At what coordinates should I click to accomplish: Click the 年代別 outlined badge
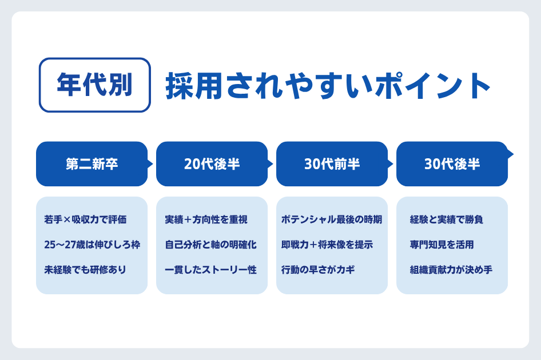[x=94, y=85]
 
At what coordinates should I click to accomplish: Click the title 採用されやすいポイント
[x=328, y=86]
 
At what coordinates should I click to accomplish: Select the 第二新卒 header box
[x=92, y=164]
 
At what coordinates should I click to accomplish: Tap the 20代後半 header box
[x=212, y=164]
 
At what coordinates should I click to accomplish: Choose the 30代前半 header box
[x=332, y=164]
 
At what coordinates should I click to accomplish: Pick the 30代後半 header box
[x=452, y=164]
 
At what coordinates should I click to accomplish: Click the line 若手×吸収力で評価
[x=85, y=219]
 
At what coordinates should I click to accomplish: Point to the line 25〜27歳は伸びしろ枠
[x=92, y=245]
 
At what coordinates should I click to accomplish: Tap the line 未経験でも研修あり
[x=85, y=270]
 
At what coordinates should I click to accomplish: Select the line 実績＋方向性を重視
[x=205, y=219]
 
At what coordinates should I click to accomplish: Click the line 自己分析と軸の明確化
[x=210, y=245]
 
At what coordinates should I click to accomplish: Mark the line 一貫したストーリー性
[x=210, y=270]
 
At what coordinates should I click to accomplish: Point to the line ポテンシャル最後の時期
[x=332, y=219]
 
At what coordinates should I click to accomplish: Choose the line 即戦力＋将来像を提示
[x=327, y=245]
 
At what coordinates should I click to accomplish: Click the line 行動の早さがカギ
[x=318, y=270]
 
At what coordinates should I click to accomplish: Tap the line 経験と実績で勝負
[x=447, y=219]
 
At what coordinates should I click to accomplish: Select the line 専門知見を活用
[x=441, y=245]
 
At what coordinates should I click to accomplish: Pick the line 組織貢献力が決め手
[x=451, y=270]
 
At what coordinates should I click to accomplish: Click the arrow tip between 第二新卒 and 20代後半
[x=150, y=164]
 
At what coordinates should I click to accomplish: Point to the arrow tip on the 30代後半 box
[x=511, y=154]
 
